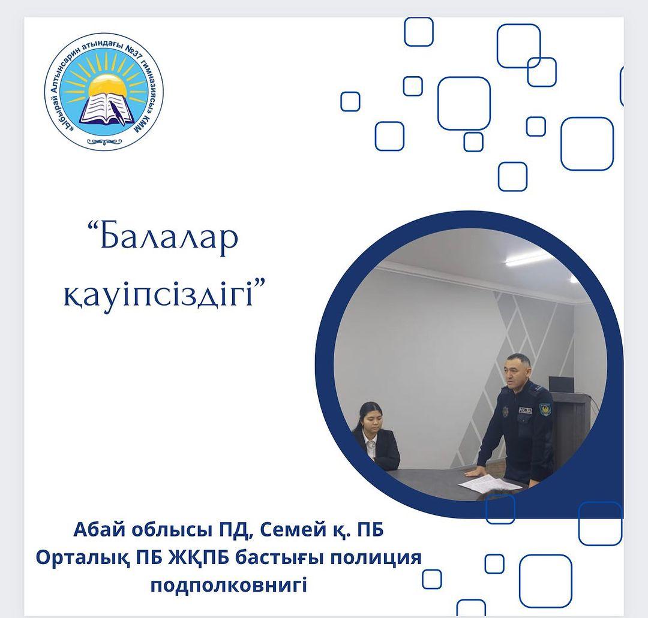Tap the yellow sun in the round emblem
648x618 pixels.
pyautogui.click(x=107, y=85)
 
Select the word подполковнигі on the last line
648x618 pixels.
pyautogui.click(x=229, y=586)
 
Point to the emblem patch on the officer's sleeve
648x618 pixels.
pyautogui.click(x=545, y=410)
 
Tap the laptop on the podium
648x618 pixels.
pyautogui.click(x=561, y=384)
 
